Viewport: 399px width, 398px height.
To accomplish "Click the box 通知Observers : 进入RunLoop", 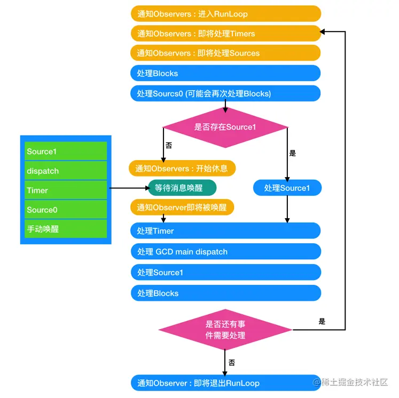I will (x=225, y=13).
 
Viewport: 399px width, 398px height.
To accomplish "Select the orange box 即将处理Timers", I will (x=225, y=33).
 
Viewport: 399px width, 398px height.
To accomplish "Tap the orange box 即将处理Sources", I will (x=225, y=53).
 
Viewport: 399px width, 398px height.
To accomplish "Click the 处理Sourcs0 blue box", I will (x=225, y=93).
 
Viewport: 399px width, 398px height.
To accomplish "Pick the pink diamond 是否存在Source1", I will (x=225, y=127).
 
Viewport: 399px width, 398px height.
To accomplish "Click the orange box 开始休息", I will (x=182, y=169).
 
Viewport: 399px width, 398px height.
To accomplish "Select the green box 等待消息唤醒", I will (x=182, y=188).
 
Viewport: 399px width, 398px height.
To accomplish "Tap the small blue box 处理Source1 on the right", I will (x=287, y=188).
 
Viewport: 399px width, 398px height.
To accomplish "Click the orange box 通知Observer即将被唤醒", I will (x=182, y=207).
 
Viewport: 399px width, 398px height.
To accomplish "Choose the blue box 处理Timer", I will (x=225, y=230).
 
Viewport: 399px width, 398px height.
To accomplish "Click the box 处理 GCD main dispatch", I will (x=225, y=251).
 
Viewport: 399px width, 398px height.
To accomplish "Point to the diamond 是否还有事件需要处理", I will (x=225, y=330).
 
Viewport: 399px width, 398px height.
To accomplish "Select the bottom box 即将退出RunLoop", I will (x=225, y=383).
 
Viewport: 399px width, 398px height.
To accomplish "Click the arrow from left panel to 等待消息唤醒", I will (x=128, y=188).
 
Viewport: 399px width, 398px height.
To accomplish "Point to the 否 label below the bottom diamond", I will (x=232, y=362).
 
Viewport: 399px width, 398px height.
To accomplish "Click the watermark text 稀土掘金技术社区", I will (x=356, y=383).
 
